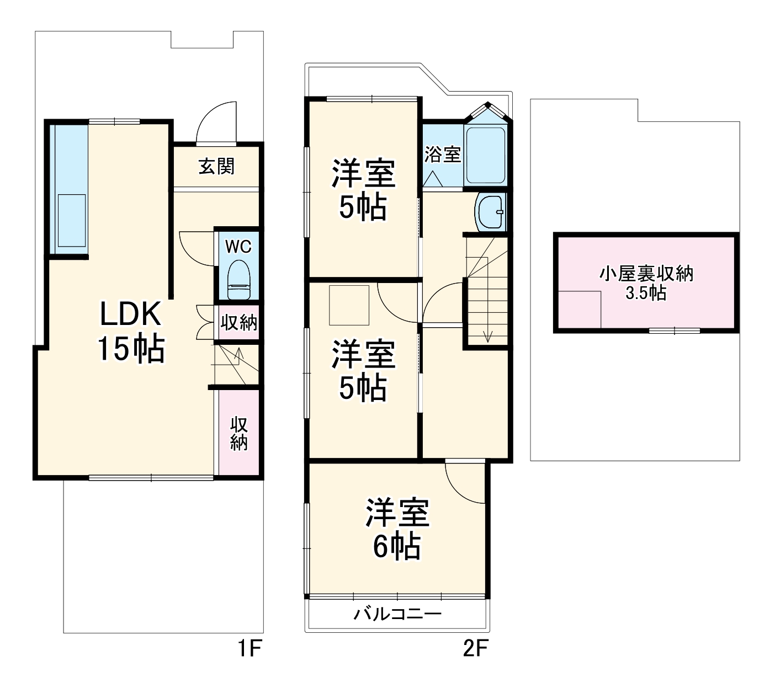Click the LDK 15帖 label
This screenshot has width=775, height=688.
pyautogui.click(x=131, y=331)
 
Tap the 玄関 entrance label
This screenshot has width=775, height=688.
pyautogui.click(x=216, y=166)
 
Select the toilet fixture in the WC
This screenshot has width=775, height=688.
pyautogui.click(x=239, y=279)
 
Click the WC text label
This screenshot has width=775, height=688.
pyautogui.click(x=238, y=246)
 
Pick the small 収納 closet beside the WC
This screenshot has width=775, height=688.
pyautogui.click(x=238, y=322)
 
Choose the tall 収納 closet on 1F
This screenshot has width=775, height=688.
pyautogui.click(x=238, y=434)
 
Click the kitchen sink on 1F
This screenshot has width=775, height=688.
pyautogui.click(x=72, y=220)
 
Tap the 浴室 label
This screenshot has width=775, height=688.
pyautogui.click(x=442, y=154)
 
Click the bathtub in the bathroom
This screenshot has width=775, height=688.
pyautogui.click(x=486, y=155)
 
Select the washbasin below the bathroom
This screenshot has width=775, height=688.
pyautogui.click(x=490, y=212)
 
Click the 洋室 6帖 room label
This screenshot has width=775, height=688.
pyautogui.click(x=397, y=530)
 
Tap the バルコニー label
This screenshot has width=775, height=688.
pyautogui.click(x=397, y=614)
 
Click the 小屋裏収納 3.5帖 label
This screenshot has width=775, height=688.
pyautogui.click(x=646, y=283)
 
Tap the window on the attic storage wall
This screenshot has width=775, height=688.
pyautogui.click(x=674, y=330)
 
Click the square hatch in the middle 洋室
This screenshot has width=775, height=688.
pyautogui.click(x=349, y=305)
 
